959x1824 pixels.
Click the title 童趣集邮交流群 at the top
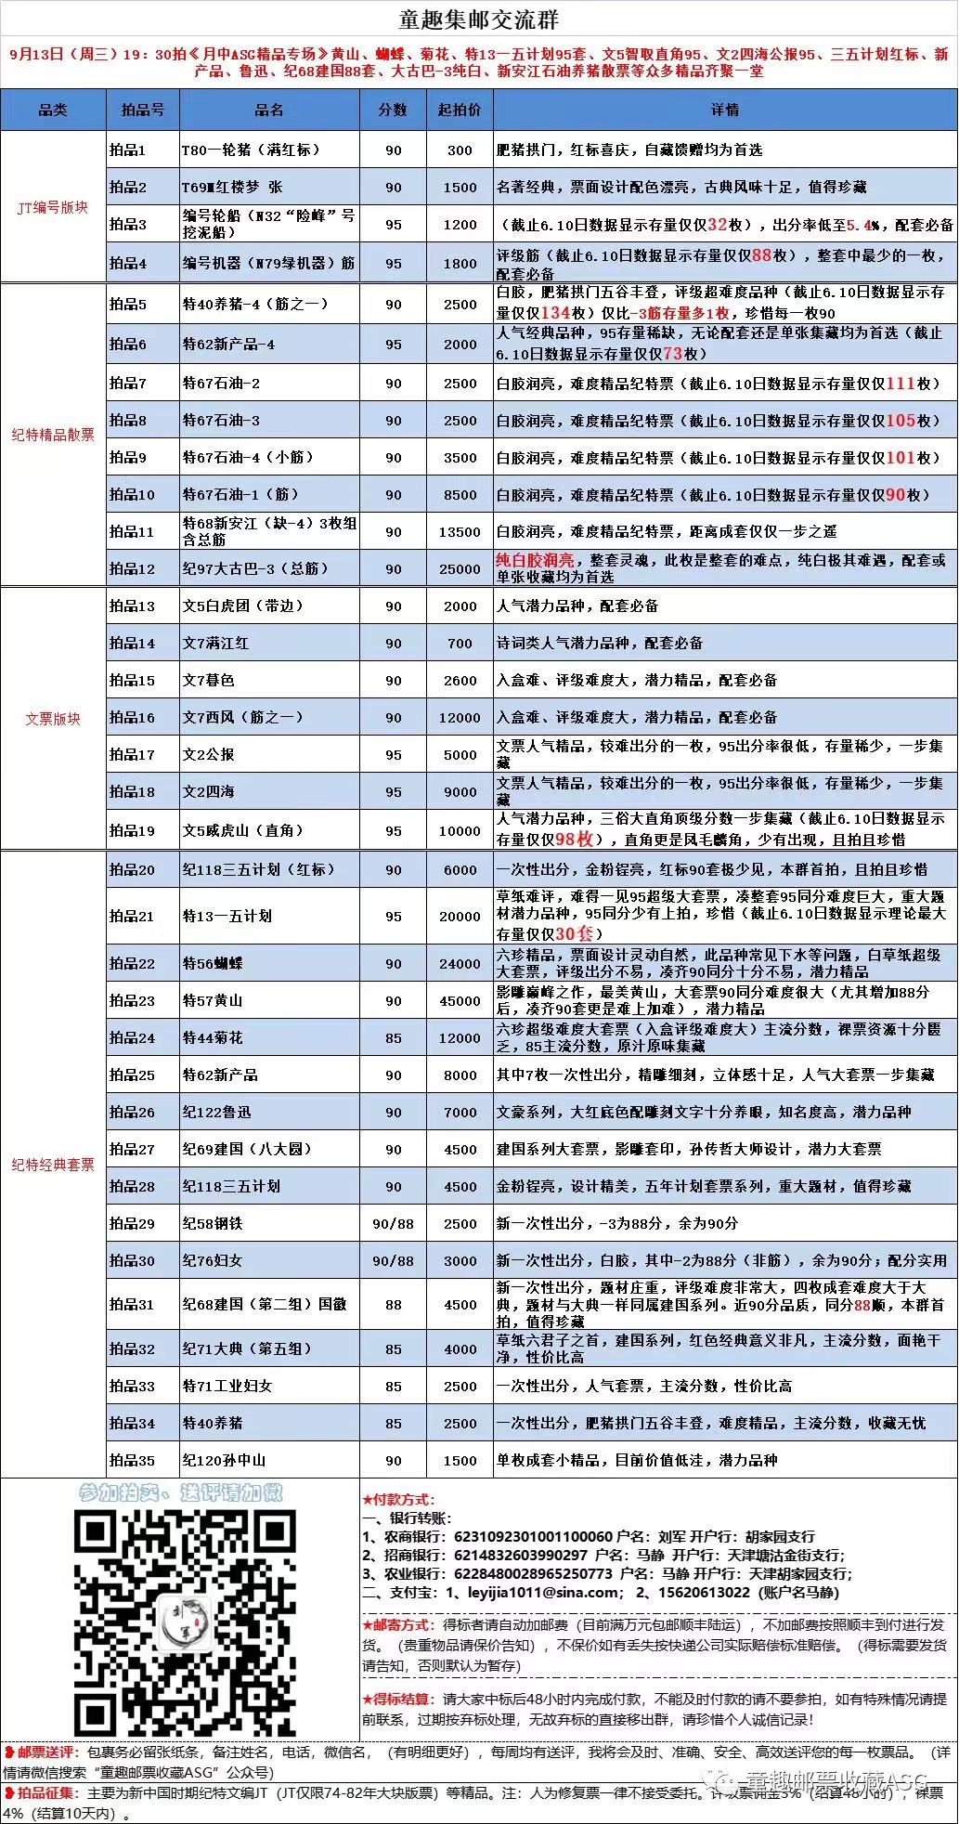click(x=479, y=20)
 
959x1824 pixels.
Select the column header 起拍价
click(x=460, y=110)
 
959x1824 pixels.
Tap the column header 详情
click(x=725, y=110)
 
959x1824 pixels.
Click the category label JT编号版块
click(x=53, y=207)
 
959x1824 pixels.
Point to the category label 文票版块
click(x=53, y=718)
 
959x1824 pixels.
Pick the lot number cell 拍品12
click(x=133, y=568)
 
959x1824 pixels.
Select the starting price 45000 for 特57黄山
click(x=460, y=1000)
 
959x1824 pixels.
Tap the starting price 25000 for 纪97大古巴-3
click(x=460, y=568)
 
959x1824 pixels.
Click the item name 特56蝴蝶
click(x=213, y=963)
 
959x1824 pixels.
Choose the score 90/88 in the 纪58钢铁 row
click(x=393, y=1223)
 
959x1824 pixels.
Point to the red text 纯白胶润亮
click(x=535, y=560)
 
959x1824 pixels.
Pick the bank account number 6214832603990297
click(x=521, y=1555)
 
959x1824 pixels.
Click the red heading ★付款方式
click(x=398, y=1499)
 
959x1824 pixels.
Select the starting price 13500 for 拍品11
click(x=460, y=531)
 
